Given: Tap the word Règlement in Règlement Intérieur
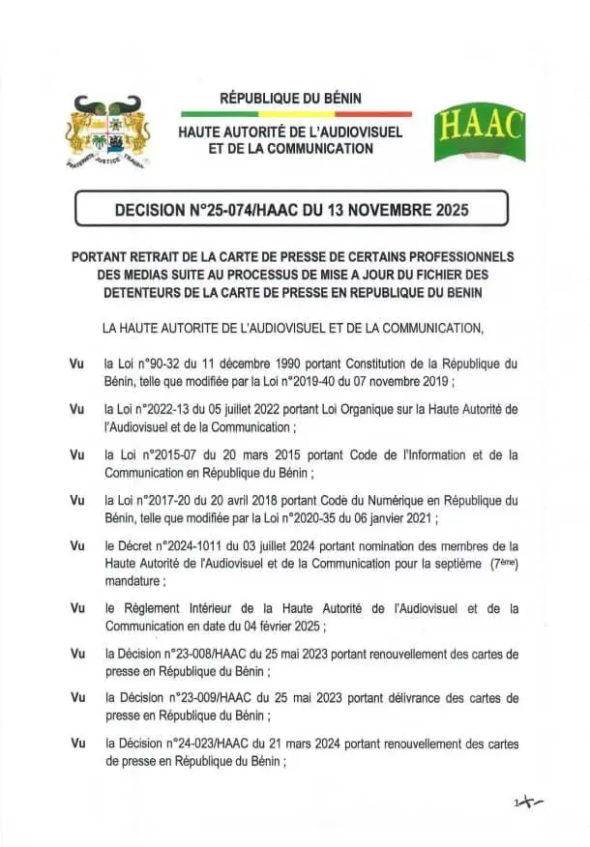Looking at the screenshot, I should pos(154,608).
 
